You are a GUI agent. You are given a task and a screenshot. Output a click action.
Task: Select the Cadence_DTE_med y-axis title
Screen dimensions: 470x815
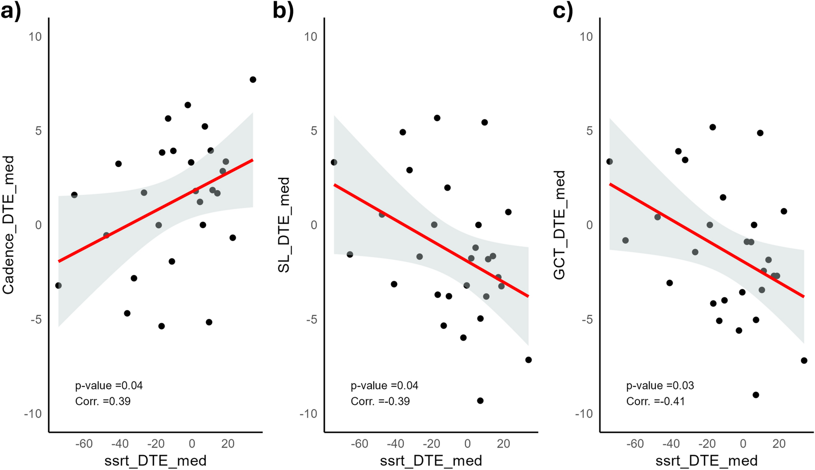pyautogui.click(x=9, y=225)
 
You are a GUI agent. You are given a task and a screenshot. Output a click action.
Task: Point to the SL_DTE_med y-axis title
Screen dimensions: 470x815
pyautogui.click(x=284, y=225)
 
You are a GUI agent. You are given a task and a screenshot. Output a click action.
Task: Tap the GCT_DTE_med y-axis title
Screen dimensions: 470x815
pyautogui.click(x=560, y=225)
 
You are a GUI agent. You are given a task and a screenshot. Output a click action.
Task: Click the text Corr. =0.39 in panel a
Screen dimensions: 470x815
pyautogui.click(x=103, y=401)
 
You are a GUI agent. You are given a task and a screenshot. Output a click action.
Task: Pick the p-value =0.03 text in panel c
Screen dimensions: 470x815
pyautogui.click(x=660, y=385)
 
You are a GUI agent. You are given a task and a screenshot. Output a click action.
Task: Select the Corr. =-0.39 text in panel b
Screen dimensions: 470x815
pyautogui.click(x=380, y=401)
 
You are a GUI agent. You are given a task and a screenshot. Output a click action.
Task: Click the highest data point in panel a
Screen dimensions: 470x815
pyautogui.click(x=253, y=80)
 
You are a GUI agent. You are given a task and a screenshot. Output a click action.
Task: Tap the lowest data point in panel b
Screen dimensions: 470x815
pyautogui.click(x=480, y=401)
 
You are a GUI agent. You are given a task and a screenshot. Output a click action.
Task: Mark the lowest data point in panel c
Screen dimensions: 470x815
pyautogui.click(x=756, y=395)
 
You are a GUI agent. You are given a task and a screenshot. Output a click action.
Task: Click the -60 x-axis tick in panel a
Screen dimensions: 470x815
pyautogui.click(x=84, y=444)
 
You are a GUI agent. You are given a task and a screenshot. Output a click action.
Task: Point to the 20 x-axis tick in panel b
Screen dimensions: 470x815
pyautogui.click(x=504, y=444)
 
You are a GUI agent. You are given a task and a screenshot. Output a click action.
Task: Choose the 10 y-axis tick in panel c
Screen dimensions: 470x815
pyautogui.click(x=586, y=37)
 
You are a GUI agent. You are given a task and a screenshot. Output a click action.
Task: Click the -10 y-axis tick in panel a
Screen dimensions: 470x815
pyautogui.click(x=33, y=414)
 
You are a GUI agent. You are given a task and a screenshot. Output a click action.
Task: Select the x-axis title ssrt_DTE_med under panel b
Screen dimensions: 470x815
pyautogui.click(x=431, y=461)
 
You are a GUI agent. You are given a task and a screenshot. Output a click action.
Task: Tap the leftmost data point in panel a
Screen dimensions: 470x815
pyautogui.click(x=59, y=286)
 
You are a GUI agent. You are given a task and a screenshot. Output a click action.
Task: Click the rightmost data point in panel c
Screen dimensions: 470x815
pyautogui.click(x=804, y=361)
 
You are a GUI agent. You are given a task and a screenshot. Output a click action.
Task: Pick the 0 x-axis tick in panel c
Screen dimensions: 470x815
pyautogui.click(x=743, y=444)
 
